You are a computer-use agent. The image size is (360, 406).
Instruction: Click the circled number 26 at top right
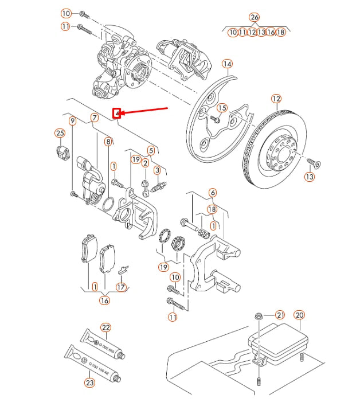point(255,17)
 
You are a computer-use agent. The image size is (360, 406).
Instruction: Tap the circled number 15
point(222,108)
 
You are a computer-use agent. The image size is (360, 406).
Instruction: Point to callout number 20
point(299,315)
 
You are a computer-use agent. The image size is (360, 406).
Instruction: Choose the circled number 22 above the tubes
point(105,327)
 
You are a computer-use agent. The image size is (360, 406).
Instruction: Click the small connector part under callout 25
point(62,152)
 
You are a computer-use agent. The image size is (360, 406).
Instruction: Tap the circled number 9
point(72,121)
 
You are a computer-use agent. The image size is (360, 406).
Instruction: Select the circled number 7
point(95,118)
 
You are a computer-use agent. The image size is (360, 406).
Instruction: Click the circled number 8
point(108,141)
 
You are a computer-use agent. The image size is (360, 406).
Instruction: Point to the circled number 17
point(120,287)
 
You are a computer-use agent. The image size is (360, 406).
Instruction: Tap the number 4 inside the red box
point(116,114)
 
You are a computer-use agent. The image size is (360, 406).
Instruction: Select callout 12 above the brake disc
point(277,99)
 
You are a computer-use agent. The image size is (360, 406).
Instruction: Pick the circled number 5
point(151,151)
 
